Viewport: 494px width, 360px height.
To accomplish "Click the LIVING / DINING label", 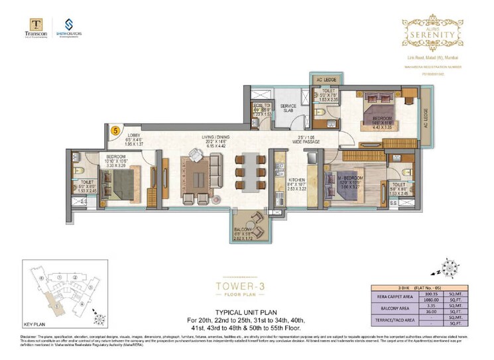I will pyautogui.click(x=216, y=138).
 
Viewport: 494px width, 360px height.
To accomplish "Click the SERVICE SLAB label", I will pyautogui.click(x=288, y=109).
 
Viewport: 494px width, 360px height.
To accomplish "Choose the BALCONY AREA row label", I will pyautogui.click(x=395, y=308).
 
